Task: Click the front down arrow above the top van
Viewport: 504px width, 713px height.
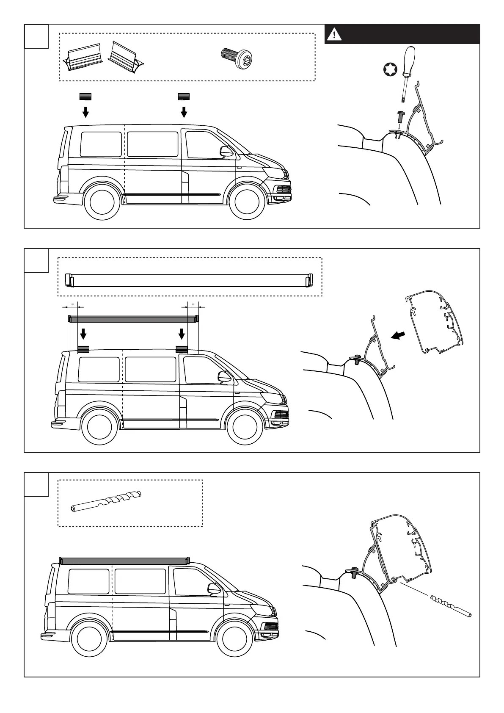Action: click(x=184, y=112)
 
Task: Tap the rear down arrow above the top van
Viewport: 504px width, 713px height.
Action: click(x=85, y=112)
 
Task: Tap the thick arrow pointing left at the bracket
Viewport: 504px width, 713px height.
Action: click(x=398, y=335)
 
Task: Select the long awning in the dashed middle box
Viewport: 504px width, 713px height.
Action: click(x=189, y=280)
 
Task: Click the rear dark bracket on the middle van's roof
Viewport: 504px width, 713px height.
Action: click(x=83, y=349)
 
